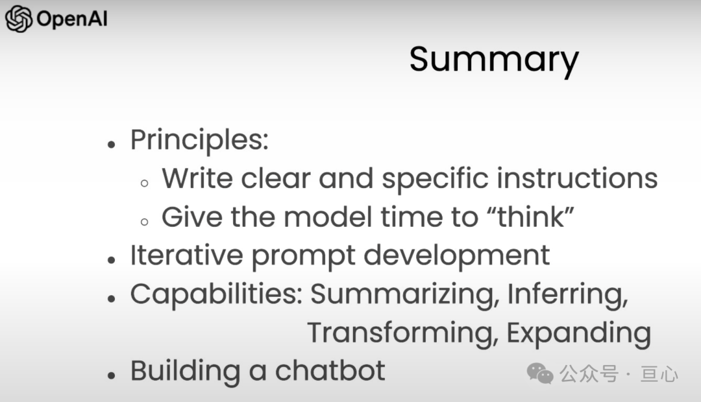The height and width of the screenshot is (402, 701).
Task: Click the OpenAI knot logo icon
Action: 18,19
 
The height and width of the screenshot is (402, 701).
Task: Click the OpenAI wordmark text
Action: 72,19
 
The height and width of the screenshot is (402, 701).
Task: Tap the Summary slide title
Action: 494,60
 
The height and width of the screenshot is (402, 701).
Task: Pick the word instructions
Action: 577,178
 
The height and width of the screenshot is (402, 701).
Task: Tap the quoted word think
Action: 530,217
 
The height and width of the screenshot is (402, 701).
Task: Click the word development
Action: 456,257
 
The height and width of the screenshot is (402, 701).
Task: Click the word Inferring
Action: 568,296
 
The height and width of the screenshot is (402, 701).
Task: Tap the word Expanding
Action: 578,334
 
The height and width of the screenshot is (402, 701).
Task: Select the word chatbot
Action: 330,371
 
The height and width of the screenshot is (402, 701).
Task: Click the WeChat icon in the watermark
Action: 540,373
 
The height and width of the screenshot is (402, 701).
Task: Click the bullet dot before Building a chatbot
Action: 112,375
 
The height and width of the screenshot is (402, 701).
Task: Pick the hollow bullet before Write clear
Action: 144,183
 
